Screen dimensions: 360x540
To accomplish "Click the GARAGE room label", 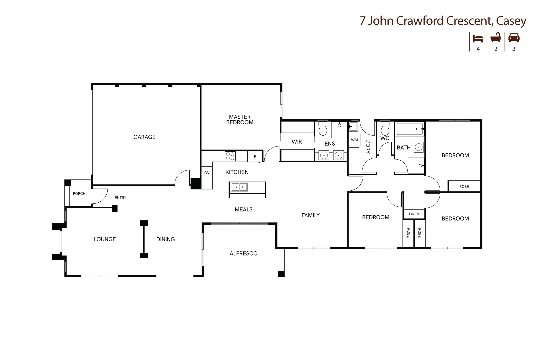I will coord(144,137).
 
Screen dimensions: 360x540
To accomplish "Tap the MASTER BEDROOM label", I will coord(240,120).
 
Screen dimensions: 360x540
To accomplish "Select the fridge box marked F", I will coord(255,157).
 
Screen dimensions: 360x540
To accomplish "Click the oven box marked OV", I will coord(207,173).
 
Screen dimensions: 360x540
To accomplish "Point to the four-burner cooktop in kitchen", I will coord(230,156).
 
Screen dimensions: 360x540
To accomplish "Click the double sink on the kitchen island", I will coord(239,187).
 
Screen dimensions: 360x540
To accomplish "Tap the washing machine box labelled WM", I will coord(354,140).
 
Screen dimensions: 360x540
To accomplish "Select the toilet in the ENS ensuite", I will coord(323,128).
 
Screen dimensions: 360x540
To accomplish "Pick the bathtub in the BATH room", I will coord(410,129).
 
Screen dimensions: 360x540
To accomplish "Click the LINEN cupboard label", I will coord(414,214).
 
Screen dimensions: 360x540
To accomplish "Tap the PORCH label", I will coord(79,194).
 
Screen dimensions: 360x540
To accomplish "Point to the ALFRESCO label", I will coord(244,254).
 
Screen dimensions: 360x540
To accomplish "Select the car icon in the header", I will coord(514,38).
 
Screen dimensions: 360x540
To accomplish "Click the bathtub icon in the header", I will coord(496,38).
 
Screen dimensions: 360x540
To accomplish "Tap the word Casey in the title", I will coord(511,21).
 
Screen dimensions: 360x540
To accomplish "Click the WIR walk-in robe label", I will coord(297,142).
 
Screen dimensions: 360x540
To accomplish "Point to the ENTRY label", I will coord(120,198).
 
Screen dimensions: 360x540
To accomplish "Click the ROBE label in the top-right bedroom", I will coord(464,187).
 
